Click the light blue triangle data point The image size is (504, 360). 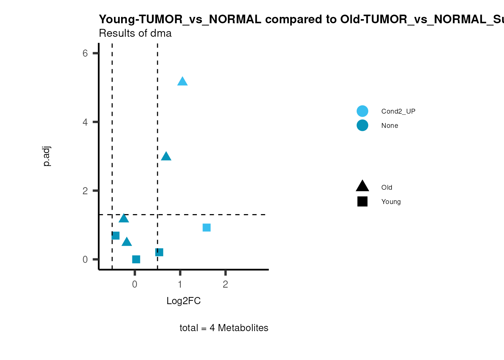pyautogui.click(x=182, y=81)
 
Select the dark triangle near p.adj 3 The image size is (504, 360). pyautogui.click(x=166, y=156)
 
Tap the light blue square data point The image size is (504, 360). pyautogui.click(x=207, y=228)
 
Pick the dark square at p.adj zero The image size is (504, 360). pyautogui.click(x=136, y=259)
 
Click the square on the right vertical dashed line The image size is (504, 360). pyautogui.click(x=159, y=252)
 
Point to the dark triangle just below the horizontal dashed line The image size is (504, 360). pyautogui.click(x=124, y=218)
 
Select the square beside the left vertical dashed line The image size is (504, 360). pyautogui.click(x=115, y=235)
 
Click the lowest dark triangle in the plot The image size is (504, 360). pyautogui.click(x=127, y=242)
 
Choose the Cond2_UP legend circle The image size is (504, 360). pyautogui.click(x=362, y=111)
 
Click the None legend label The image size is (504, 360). pyautogui.click(x=390, y=126)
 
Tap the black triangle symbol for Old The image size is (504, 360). pyautogui.click(x=362, y=186)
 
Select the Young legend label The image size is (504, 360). pyautogui.click(x=391, y=202)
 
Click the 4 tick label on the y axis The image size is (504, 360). pyautogui.click(x=85, y=122)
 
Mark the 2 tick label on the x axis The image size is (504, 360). pyautogui.click(x=225, y=284)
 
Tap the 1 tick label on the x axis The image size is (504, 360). pyautogui.click(x=180, y=284)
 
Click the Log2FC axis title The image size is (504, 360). pyautogui.click(x=183, y=301)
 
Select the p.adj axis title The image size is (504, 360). pyautogui.click(x=46, y=156)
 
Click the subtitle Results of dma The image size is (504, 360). pyautogui.click(x=135, y=33)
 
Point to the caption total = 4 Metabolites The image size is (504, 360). pyautogui.click(x=224, y=328)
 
